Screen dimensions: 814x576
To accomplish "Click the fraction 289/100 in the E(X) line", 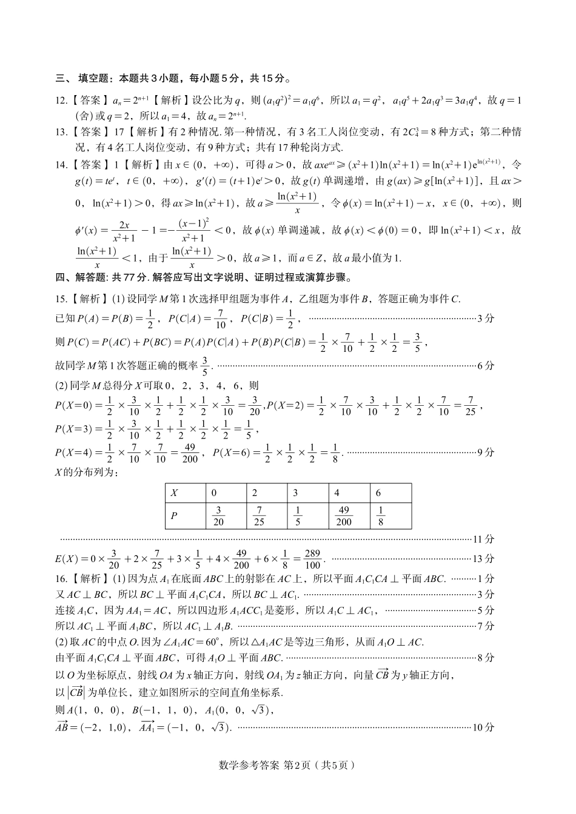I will click(312, 558).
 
